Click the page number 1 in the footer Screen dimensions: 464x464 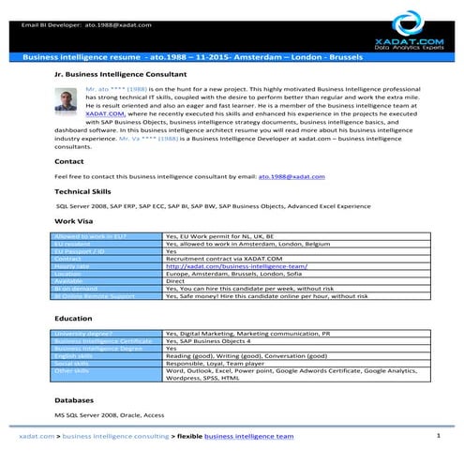coord(439,436)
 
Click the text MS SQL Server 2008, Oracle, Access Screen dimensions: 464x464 coord(109,413)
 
